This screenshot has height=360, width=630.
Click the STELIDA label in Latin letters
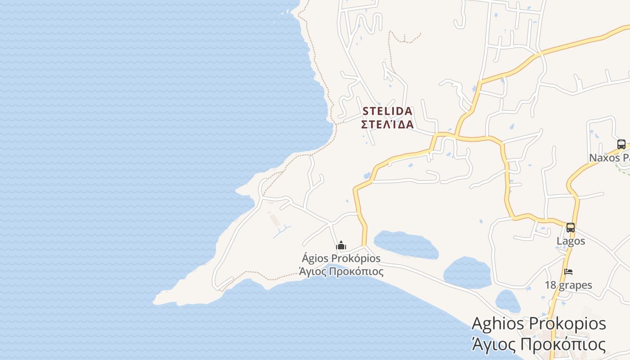[x=387, y=111]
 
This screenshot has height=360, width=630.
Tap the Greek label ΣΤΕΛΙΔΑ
[x=387, y=124]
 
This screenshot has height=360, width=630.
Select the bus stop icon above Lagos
[x=570, y=228]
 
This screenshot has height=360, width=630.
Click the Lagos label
[x=571, y=241]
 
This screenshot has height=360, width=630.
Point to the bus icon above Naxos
[x=621, y=144]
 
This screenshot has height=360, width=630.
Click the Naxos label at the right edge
[x=609, y=157]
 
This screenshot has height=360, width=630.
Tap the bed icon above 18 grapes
[x=568, y=272]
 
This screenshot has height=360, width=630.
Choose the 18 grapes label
[x=568, y=285]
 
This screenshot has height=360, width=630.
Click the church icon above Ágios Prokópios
[x=341, y=246]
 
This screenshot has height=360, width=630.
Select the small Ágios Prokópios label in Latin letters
[x=341, y=258]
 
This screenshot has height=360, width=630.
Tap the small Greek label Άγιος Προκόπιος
[x=341, y=271]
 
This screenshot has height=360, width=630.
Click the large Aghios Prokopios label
[x=539, y=324]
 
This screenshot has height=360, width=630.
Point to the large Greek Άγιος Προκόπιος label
[x=538, y=345]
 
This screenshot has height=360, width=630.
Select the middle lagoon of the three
[x=467, y=272]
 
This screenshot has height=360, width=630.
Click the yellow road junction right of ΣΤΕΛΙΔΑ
[x=455, y=135]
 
